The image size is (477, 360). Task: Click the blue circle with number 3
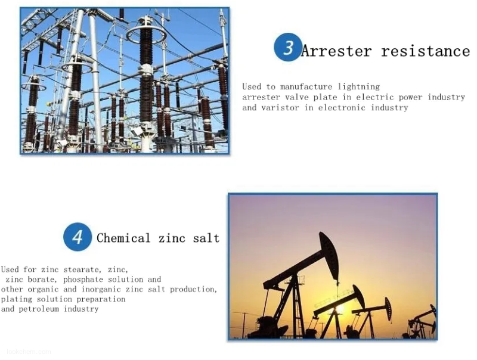click(288, 47)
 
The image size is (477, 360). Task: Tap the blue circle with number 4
click(78, 237)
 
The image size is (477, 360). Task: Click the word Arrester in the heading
click(336, 51)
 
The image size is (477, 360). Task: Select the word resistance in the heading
click(426, 51)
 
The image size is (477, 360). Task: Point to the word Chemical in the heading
click(123, 238)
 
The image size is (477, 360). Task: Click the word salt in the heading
click(206, 238)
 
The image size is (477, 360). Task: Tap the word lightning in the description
click(359, 86)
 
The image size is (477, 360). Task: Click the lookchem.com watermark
click(29, 352)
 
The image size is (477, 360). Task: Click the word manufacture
click(306, 87)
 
